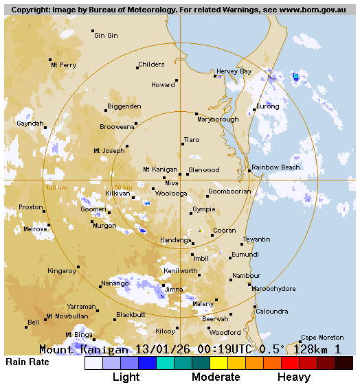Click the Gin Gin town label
point(106,36)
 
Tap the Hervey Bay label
point(234,71)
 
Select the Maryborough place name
point(218,119)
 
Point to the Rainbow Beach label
point(275,167)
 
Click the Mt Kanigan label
point(160,169)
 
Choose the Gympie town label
point(204,209)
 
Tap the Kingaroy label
point(62,271)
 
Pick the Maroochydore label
point(273,289)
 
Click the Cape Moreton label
point(322,338)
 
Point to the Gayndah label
point(30,124)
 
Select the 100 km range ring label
point(56,187)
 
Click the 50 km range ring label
point(123,187)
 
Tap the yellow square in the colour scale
point(218,363)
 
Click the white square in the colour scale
point(93,363)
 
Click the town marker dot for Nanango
point(100,287)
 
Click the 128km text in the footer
point(311,349)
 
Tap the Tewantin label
point(257,239)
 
